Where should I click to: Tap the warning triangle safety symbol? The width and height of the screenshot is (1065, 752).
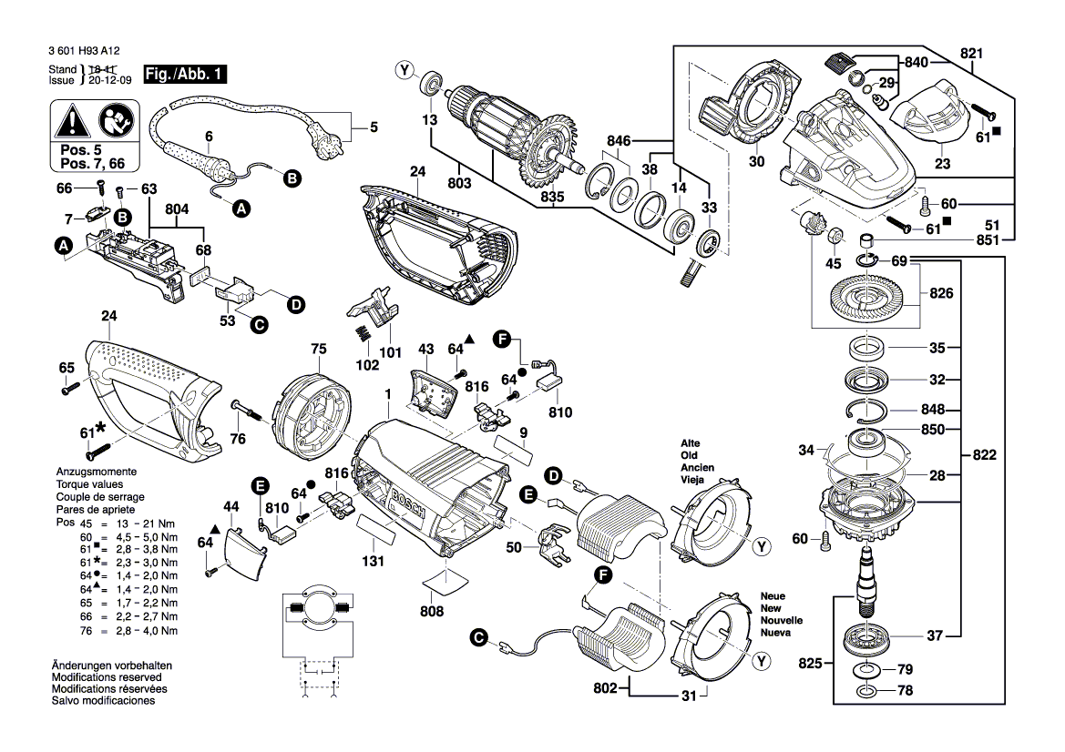[71, 119]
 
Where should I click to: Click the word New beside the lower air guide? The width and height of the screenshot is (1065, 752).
[771, 607]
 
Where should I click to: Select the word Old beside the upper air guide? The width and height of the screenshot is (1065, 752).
[691, 455]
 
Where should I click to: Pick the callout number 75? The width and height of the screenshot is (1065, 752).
[318, 348]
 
